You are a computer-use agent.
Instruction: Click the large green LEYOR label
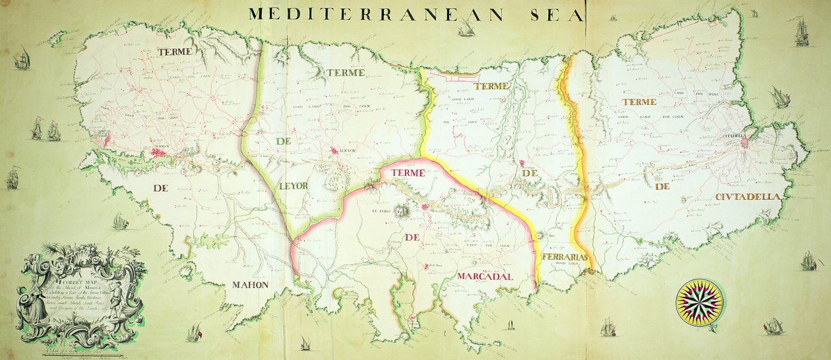(293, 186)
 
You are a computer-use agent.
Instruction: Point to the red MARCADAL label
(485, 277)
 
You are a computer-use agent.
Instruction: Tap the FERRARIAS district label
(563, 256)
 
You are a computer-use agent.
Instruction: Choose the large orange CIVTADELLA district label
(748, 196)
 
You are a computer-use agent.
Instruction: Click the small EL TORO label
(382, 212)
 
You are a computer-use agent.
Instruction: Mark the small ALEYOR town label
(347, 151)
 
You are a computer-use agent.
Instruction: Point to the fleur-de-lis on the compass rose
(699, 284)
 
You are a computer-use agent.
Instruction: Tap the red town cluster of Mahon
(159, 152)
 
